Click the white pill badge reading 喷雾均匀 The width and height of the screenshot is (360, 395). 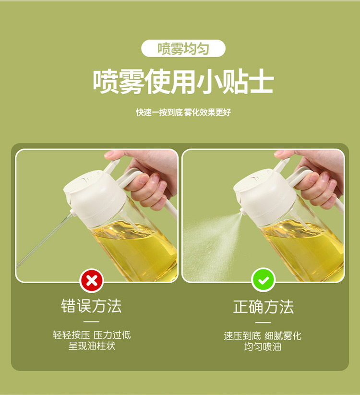point(183,49)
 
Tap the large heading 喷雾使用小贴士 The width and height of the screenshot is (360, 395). point(183,82)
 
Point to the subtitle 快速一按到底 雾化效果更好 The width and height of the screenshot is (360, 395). point(183,112)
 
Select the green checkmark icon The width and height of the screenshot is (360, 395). point(264,280)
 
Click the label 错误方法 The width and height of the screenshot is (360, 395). point(91,306)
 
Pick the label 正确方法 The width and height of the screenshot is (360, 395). point(264,307)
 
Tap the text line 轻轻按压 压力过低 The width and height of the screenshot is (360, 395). point(91,335)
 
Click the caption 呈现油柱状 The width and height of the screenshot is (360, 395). point(91,346)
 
